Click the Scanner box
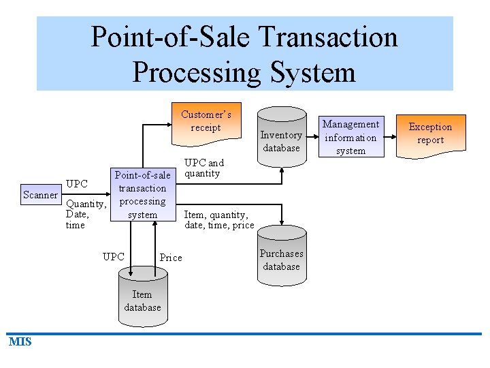[40, 195]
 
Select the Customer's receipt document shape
[206, 123]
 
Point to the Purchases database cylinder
[281, 260]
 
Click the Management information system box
[350, 136]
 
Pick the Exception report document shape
[430, 134]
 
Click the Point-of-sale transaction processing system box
[142, 195]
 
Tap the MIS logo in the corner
[20, 341]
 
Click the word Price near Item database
[170, 258]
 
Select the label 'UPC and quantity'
[204, 168]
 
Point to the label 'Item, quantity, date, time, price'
[219, 220]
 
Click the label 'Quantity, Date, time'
[85, 214]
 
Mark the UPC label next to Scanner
[77, 184]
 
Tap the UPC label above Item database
[113, 257]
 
